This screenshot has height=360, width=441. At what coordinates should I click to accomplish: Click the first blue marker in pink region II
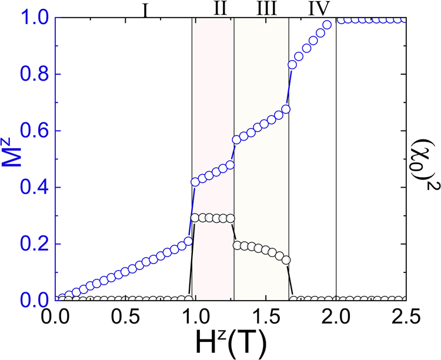click(x=195, y=182)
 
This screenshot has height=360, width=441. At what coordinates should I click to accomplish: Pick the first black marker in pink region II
click(x=195, y=218)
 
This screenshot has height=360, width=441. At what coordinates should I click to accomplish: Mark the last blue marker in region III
click(x=286, y=109)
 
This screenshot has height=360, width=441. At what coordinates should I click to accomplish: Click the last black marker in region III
click(x=286, y=259)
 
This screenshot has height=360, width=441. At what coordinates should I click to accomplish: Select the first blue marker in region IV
click(x=292, y=65)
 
